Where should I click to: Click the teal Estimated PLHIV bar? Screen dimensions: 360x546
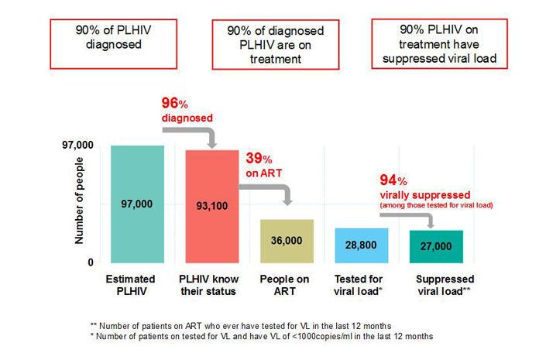coord(137,204)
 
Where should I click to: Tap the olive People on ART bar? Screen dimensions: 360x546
coord(287,241)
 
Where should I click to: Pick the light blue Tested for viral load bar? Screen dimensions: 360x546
coord(361,245)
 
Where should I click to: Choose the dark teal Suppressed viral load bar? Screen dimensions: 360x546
coord(436,246)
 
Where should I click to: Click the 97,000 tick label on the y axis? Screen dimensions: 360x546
coord(77,146)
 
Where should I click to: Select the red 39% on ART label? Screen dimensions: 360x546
coord(262,164)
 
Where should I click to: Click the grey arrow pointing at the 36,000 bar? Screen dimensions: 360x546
coord(275,190)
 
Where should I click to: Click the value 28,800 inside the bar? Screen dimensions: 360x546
coord(361,245)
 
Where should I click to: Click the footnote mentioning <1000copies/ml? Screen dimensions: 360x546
coord(262,336)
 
